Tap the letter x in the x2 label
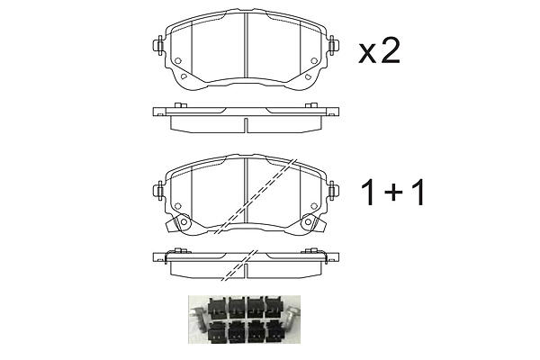(367, 54)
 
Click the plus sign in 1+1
(393, 193)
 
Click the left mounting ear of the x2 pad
(158, 45)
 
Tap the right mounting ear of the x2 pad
(333, 45)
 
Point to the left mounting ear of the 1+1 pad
(158, 190)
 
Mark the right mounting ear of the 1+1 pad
(333, 190)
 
